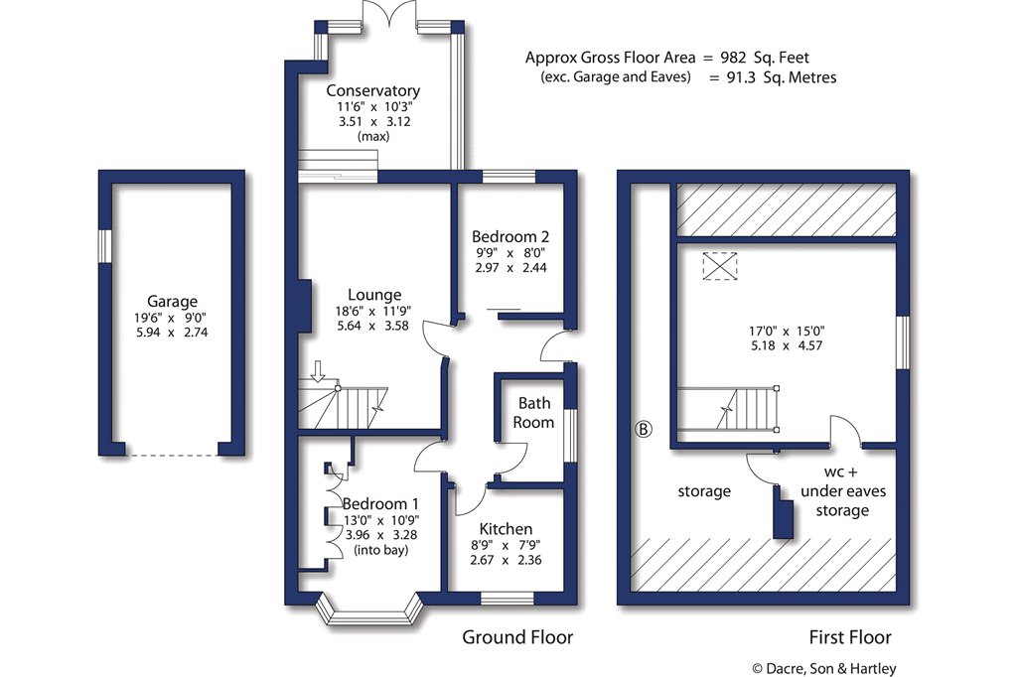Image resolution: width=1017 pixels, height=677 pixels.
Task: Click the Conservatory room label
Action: tap(373, 90)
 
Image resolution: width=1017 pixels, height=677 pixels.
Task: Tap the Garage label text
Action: tap(172, 302)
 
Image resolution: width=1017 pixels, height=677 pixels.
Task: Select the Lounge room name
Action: tap(374, 296)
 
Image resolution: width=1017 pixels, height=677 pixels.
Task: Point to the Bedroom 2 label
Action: tap(510, 236)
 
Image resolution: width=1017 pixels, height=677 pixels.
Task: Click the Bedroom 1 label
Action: tap(380, 504)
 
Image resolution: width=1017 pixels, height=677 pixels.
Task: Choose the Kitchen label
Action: tap(506, 528)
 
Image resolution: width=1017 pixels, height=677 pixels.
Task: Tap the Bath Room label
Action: tap(533, 412)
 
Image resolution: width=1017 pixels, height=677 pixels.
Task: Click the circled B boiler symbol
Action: tap(643, 429)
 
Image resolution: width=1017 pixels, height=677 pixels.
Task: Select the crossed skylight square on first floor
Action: tap(720, 266)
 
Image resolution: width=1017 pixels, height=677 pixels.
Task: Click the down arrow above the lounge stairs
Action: tap(318, 371)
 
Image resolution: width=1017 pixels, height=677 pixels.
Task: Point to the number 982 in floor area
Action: tap(734, 58)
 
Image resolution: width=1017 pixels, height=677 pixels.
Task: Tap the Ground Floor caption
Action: tap(517, 636)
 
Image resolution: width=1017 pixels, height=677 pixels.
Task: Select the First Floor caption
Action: tap(850, 637)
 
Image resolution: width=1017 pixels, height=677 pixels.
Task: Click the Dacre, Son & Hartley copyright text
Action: tap(824, 668)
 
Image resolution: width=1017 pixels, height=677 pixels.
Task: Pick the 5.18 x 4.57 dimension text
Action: tap(787, 345)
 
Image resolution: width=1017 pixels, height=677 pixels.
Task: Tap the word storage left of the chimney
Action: tap(704, 491)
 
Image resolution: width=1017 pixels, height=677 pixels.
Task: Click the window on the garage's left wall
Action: tap(105, 246)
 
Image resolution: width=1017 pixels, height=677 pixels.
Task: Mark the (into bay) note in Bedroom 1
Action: tap(380, 550)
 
